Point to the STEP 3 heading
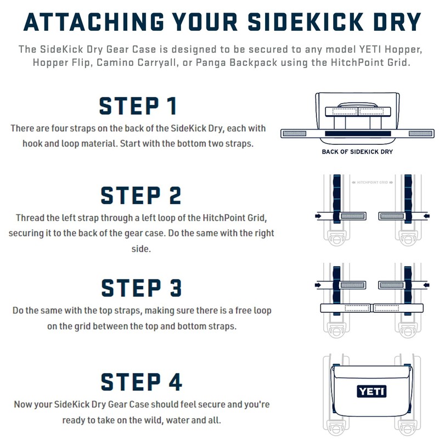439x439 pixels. pyautogui.click(x=141, y=288)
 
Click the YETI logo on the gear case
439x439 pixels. pyautogui.click(x=372, y=392)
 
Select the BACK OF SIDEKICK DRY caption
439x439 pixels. pyautogui.click(x=357, y=151)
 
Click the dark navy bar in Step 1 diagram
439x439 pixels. pyautogui.click(x=357, y=133)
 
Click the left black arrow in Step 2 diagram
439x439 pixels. pyautogui.click(x=319, y=216)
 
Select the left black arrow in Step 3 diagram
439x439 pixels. pyautogui.click(x=319, y=285)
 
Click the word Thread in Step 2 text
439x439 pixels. pyautogui.click(x=30, y=218)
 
